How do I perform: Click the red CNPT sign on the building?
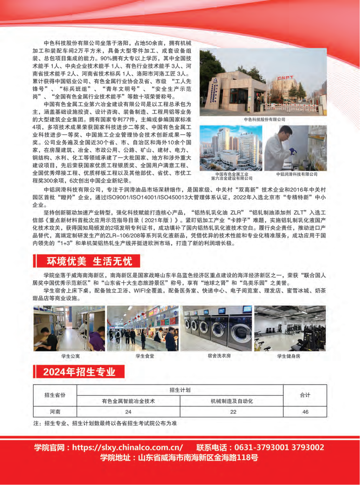pyautogui.click(x=285, y=78)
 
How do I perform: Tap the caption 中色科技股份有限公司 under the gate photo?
pyautogui.click(x=264, y=119)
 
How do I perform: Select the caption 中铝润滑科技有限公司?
pyautogui.click(x=297, y=174)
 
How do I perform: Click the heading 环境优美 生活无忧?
pyautogui.click(x=89, y=261)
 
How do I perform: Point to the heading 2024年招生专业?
pyautogui.click(x=79, y=372)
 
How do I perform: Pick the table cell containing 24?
pyautogui.click(x=128, y=412)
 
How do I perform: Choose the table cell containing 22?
pyautogui.click(x=233, y=412)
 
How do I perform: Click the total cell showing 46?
pyautogui.click(x=305, y=412)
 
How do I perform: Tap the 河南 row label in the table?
pyautogui.click(x=55, y=412)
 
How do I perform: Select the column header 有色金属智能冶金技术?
pyautogui.click(x=128, y=401)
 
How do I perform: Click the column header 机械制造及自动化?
pyautogui.click(x=232, y=401)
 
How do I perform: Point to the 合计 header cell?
pyautogui.click(x=305, y=395)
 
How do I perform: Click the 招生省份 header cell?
pyautogui.click(x=55, y=395)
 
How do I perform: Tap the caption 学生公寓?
pyautogui.click(x=70, y=356)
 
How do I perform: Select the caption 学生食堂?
pyautogui.click(x=145, y=356)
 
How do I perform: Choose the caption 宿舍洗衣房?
pyautogui.click(x=219, y=356)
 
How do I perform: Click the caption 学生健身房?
pyautogui.click(x=289, y=356)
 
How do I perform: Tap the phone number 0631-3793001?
pyautogui.click(x=261, y=448)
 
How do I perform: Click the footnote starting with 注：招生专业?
pyautogui.click(x=105, y=423)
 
